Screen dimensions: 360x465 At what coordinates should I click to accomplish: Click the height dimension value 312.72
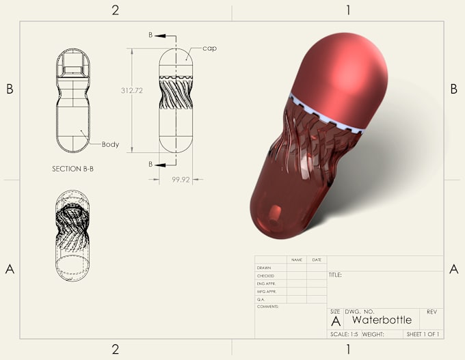pyautogui.click(x=131, y=91)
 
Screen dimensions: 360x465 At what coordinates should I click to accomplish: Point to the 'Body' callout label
pyautogui.click(x=110, y=145)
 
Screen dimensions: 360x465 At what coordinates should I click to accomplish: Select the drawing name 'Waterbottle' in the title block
pyautogui.click(x=382, y=320)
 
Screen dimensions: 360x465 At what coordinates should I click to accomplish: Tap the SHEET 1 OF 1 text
pyautogui.click(x=423, y=335)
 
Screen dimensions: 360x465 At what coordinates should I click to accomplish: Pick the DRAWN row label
pyautogui.click(x=265, y=268)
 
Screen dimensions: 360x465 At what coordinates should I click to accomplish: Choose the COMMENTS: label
pyautogui.click(x=268, y=307)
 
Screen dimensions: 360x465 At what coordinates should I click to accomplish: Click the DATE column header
pyautogui.click(x=317, y=260)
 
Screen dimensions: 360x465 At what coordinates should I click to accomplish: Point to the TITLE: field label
pyautogui.click(x=335, y=275)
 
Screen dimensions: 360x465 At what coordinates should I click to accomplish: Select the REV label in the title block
pyautogui.click(x=431, y=311)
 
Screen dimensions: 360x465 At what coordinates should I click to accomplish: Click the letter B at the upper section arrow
pyautogui.click(x=150, y=34)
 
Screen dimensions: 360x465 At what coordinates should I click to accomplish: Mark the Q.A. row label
pyautogui.click(x=261, y=299)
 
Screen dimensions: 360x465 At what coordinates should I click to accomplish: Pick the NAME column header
pyautogui.click(x=296, y=260)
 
